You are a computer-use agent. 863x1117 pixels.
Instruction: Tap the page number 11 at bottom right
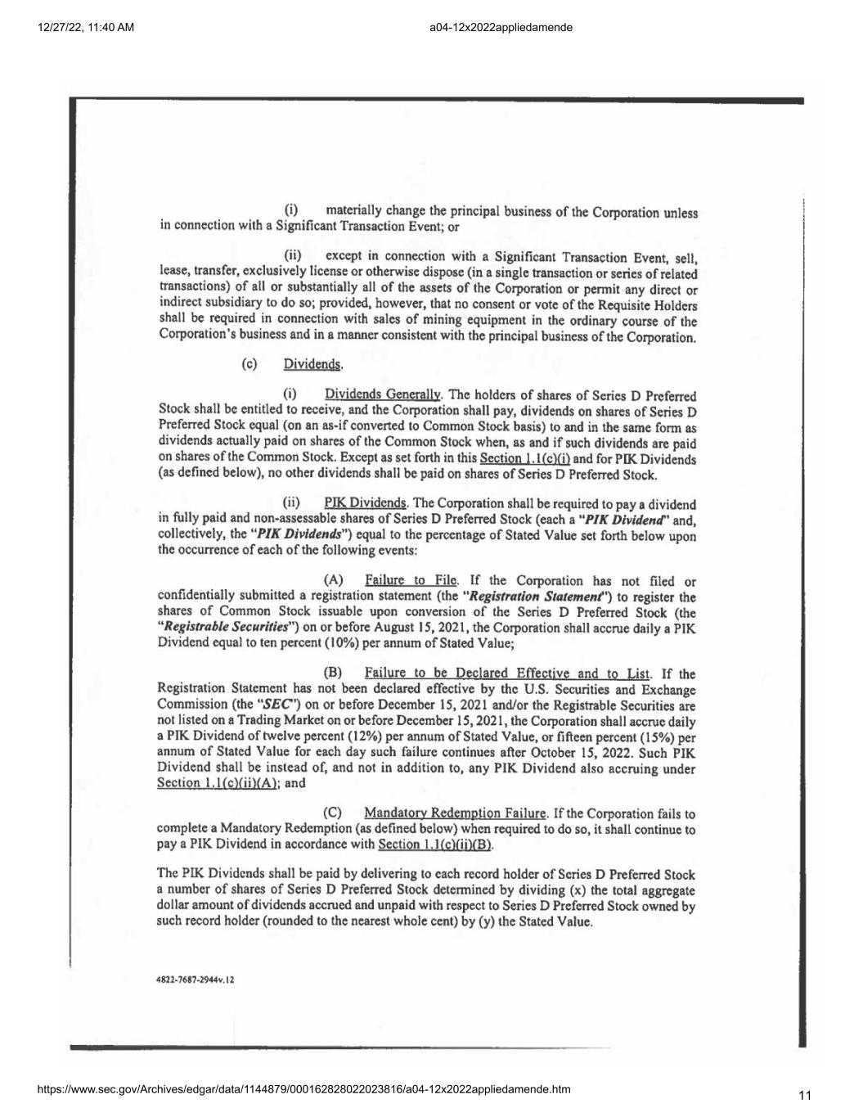806,1095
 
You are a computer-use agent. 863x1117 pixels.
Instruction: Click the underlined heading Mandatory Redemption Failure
455,813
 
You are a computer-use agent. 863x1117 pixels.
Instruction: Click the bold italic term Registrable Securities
222,628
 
